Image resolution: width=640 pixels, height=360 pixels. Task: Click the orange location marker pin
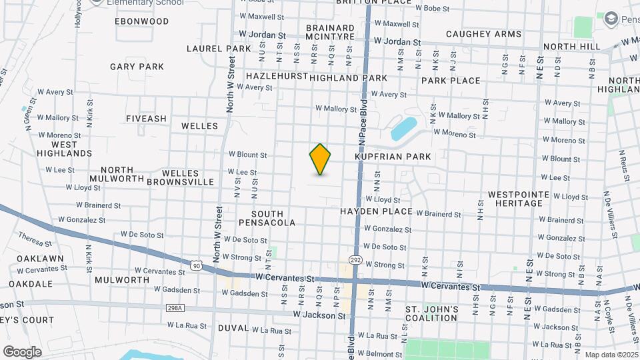(321, 159)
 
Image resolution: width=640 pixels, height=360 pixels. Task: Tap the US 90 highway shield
(196, 265)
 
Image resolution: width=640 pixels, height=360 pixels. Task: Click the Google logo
(21, 351)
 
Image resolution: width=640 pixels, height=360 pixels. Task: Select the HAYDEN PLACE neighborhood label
(376, 211)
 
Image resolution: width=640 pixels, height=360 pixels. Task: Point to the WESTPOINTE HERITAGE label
(519, 199)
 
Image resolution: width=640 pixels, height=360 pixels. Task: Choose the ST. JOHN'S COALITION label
(432, 313)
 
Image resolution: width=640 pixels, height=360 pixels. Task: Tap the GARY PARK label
(137, 67)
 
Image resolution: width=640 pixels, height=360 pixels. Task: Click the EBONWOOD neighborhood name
(141, 21)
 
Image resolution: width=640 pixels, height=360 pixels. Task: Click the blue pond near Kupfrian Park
(403, 128)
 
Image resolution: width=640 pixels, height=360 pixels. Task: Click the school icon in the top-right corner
(610, 19)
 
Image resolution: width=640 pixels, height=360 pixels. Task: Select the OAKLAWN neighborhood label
(40, 259)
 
